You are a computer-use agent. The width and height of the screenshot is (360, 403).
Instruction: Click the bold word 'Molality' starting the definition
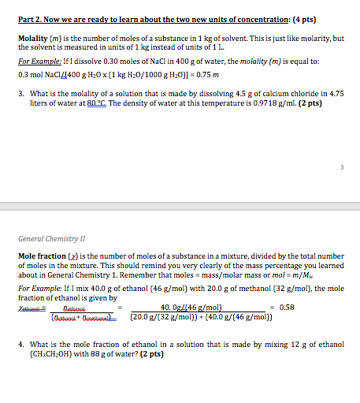pos(34,38)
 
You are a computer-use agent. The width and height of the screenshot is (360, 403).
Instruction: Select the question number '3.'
pos(21,92)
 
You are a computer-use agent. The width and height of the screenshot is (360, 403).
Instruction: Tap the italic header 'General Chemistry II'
pos(50,237)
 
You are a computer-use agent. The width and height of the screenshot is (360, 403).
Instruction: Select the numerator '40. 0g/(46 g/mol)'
pos(191,308)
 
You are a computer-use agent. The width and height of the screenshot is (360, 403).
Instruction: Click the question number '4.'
pos(21,345)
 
